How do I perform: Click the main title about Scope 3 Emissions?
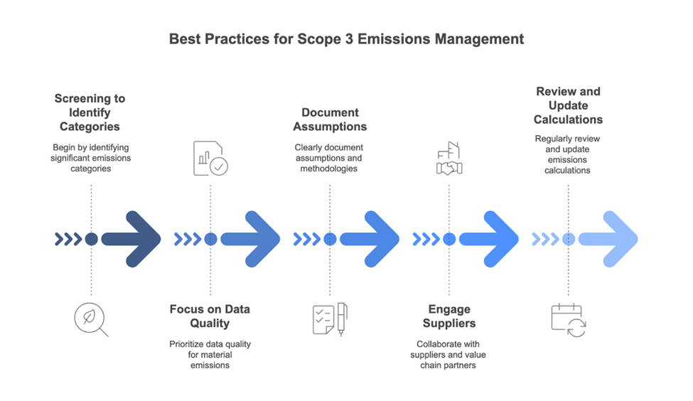click(346, 38)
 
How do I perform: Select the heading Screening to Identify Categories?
click(90, 112)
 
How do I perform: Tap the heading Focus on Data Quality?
click(210, 316)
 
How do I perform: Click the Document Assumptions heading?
click(330, 119)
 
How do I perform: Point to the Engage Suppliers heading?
click(449, 316)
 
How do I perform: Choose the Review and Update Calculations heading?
click(568, 105)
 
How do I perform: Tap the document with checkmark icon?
click(210, 159)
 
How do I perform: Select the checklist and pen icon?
click(330, 319)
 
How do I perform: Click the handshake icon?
click(449, 161)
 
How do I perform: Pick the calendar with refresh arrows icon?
click(569, 319)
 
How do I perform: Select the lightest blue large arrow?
click(608, 240)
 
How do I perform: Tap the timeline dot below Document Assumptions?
click(330, 240)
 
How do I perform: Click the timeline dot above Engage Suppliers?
click(449, 240)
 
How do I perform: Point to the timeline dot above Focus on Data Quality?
click(210, 240)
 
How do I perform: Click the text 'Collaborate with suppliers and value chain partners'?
click(449, 355)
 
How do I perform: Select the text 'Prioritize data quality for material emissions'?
click(210, 355)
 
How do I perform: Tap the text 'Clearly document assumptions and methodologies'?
click(330, 158)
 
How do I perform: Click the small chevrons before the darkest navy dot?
click(68, 240)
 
